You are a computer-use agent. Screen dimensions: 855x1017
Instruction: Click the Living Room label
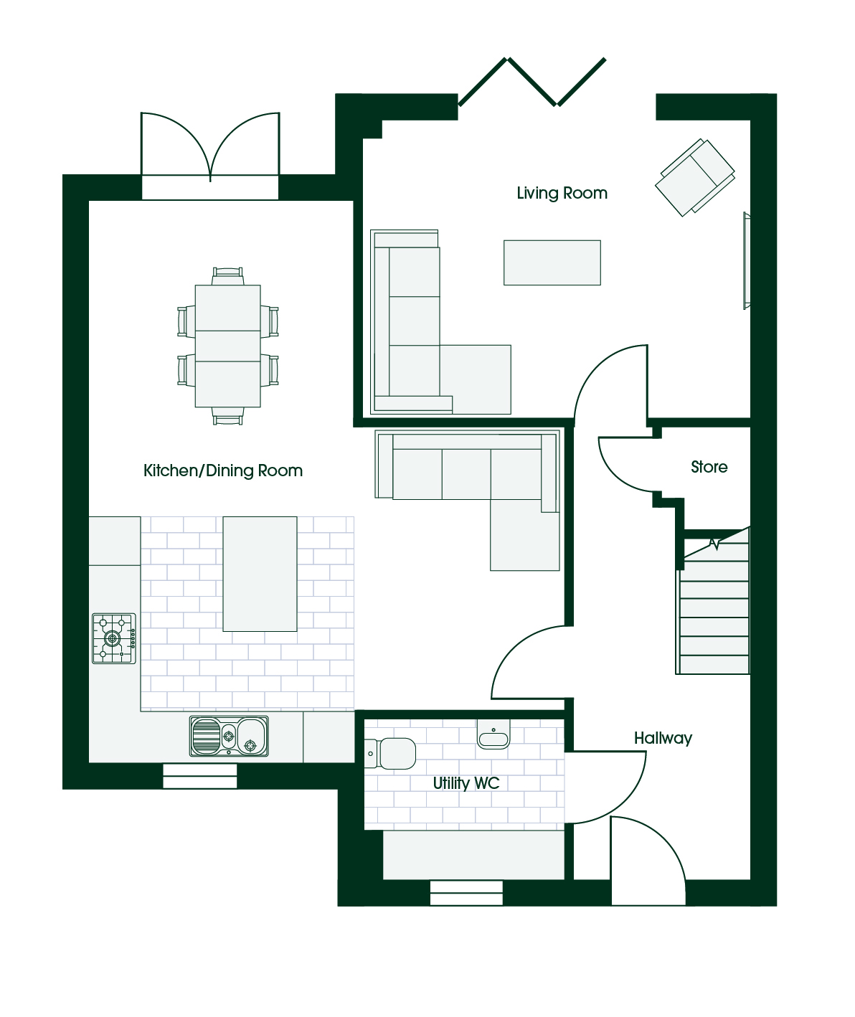point(562,194)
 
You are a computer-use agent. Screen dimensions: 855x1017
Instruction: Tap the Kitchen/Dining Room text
point(222,470)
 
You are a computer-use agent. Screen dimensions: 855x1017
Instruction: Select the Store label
point(709,467)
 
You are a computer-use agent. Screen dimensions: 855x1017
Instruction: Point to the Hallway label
point(663,739)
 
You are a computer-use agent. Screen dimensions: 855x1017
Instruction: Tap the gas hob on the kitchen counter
point(114,638)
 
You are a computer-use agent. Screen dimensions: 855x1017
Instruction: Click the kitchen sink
point(229,736)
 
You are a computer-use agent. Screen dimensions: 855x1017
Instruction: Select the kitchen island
point(260,574)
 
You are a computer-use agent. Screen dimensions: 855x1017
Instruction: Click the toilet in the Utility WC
point(390,754)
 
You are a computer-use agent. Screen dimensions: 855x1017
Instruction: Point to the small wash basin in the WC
point(493,734)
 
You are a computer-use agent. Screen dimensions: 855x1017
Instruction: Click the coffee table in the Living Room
point(552,262)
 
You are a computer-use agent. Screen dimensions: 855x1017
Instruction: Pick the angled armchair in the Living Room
point(695,178)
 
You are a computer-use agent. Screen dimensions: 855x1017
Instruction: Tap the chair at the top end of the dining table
point(227,276)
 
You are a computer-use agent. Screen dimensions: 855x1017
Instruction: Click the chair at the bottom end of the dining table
point(227,415)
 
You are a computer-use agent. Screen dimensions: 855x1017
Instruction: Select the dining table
point(227,346)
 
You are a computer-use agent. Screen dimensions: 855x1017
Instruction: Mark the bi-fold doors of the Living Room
point(532,82)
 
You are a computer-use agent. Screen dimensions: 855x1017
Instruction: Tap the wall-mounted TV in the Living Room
point(747,260)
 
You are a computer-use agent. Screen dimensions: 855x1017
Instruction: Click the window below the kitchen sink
point(199,776)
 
